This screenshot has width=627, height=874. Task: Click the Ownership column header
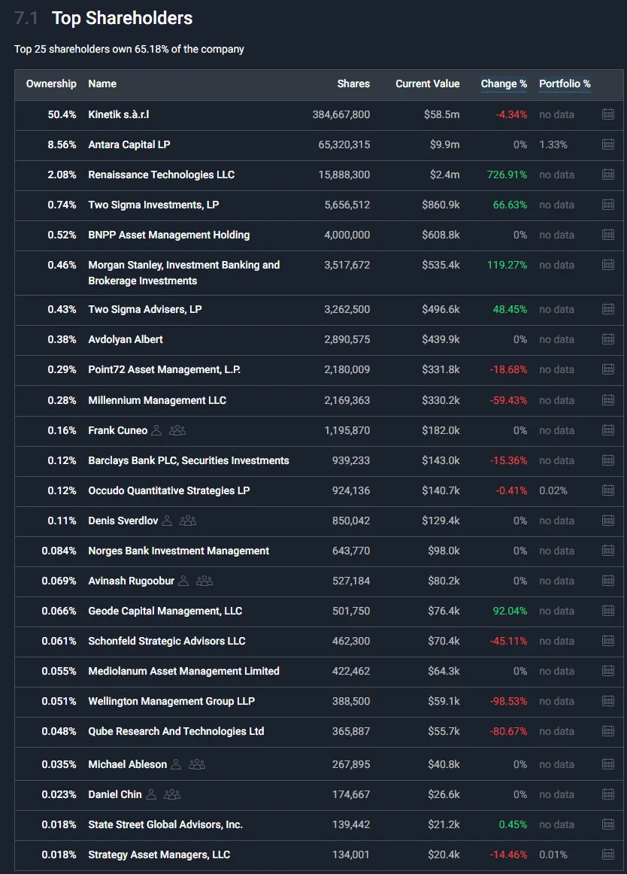(51, 83)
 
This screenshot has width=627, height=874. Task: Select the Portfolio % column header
(565, 83)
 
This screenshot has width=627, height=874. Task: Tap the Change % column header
(504, 83)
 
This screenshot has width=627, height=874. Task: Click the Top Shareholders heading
(122, 18)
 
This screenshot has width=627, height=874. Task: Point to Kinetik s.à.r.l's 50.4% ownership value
(62, 114)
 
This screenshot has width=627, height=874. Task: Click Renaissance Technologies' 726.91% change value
(507, 174)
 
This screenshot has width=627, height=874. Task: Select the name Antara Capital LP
(129, 144)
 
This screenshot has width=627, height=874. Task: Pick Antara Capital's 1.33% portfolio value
(553, 144)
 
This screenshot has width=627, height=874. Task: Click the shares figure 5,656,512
(347, 205)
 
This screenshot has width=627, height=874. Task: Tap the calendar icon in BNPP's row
(608, 235)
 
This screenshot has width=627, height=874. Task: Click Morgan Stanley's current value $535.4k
(441, 265)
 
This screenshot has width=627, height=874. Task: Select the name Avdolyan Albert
(126, 339)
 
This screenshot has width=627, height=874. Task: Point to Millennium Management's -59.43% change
(508, 400)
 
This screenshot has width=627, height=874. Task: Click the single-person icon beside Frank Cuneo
(156, 430)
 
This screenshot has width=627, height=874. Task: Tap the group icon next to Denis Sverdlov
(188, 520)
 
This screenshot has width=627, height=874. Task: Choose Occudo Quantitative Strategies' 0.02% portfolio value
(553, 490)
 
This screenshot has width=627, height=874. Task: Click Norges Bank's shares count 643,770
(351, 551)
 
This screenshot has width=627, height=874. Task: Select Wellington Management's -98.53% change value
(508, 701)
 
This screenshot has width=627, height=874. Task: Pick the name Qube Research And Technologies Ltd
(176, 731)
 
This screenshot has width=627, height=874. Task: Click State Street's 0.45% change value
(513, 824)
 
